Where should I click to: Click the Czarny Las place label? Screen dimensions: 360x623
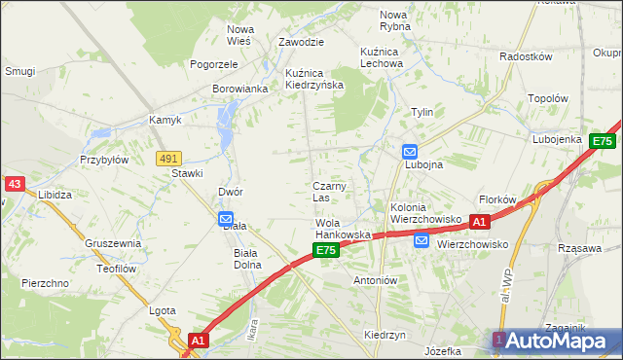(328, 192)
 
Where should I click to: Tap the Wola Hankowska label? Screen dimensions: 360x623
(342, 230)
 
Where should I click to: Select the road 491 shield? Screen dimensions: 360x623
(167, 158)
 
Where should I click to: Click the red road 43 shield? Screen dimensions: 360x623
(13, 183)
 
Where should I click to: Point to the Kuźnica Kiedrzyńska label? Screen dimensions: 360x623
(313, 79)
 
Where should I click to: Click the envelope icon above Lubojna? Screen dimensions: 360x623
(410, 152)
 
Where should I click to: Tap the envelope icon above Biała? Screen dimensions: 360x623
(226, 220)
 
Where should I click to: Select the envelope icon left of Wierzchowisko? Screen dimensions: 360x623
(421, 241)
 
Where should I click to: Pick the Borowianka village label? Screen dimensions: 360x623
(239, 89)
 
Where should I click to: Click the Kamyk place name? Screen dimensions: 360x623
(165, 121)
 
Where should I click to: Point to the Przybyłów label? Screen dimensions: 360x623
(104, 160)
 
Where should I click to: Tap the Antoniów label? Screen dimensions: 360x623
(376, 279)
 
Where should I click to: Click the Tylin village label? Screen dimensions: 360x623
(421, 112)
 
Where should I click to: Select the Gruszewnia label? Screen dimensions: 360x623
(113, 243)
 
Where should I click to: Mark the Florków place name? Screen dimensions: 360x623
(496, 199)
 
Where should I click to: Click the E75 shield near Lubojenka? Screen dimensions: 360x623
(603, 141)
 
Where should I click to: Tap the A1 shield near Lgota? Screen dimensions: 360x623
(198, 341)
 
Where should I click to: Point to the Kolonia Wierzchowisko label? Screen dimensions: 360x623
(424, 213)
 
